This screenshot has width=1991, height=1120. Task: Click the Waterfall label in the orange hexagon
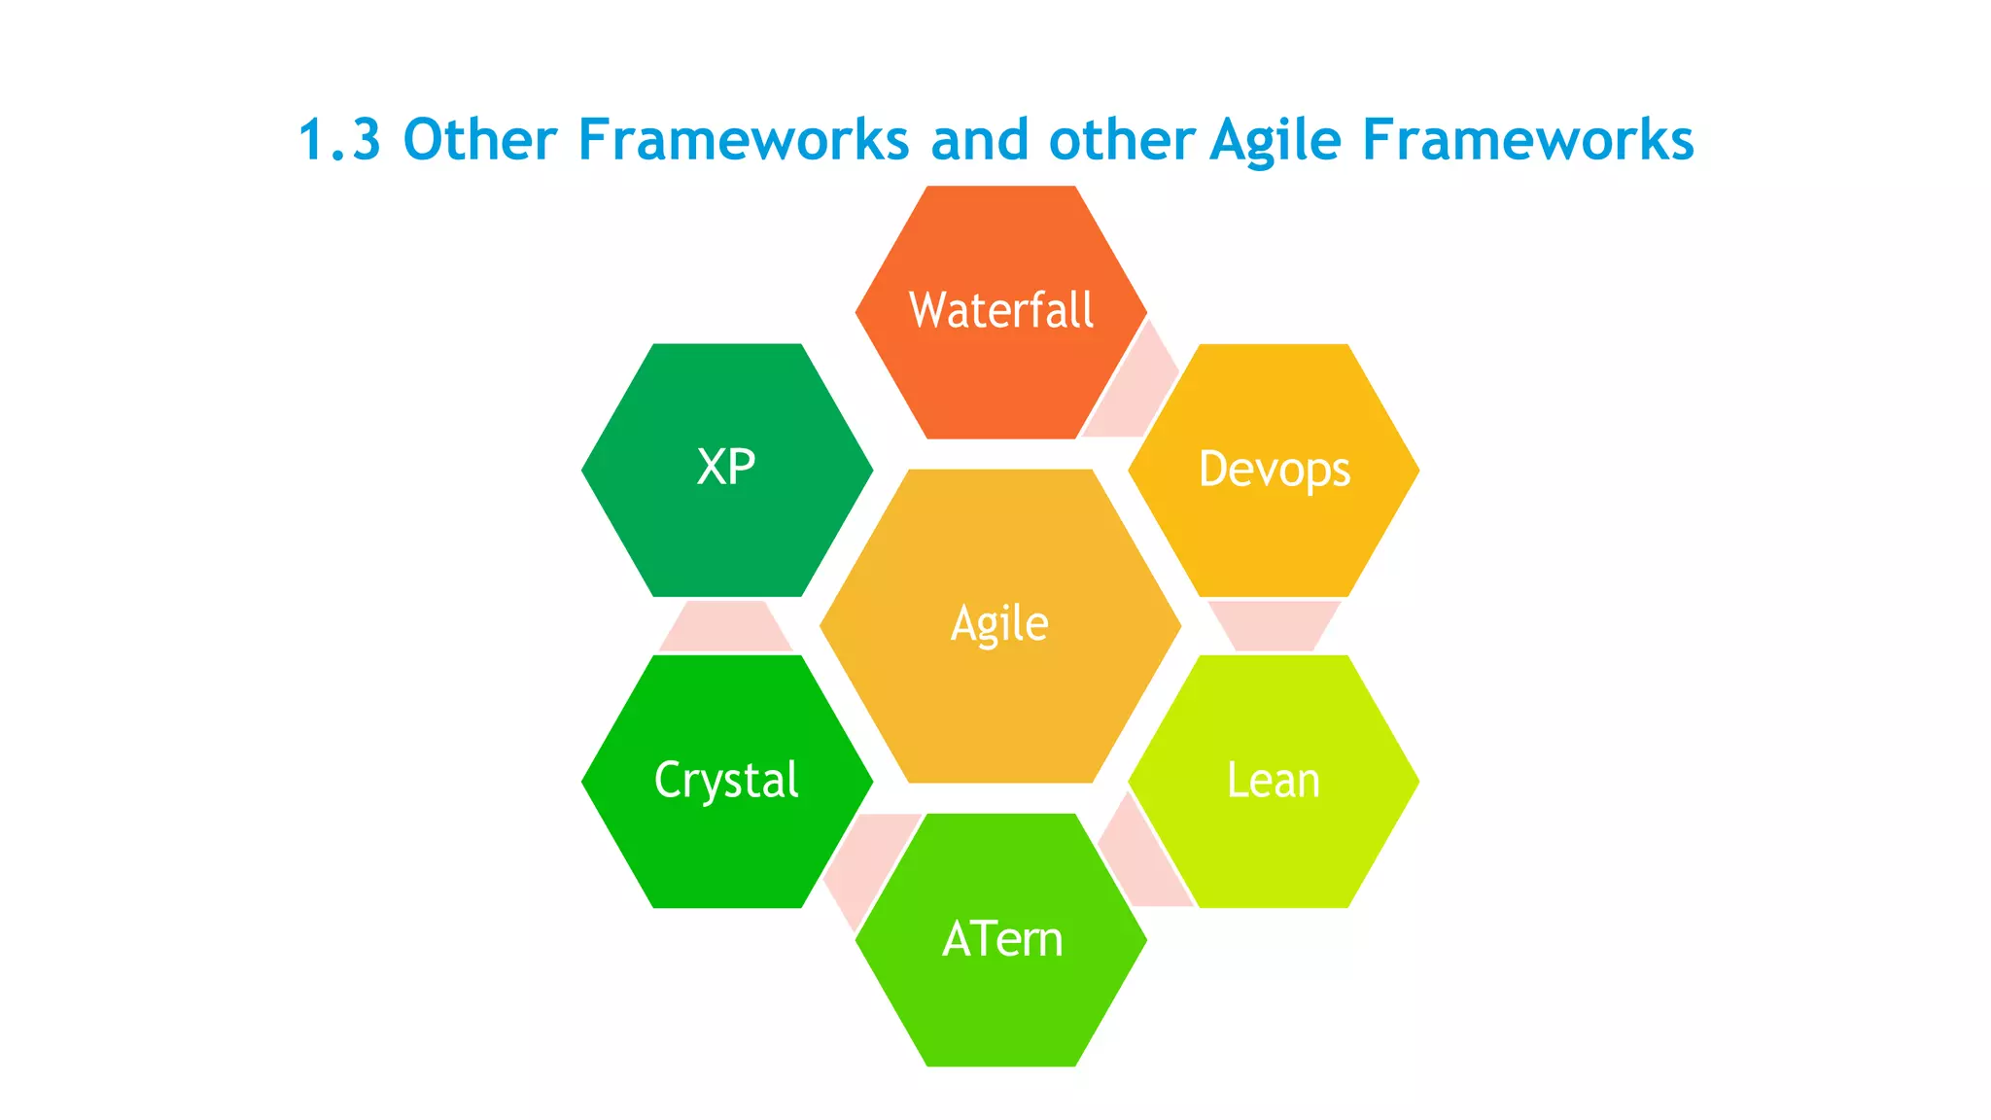(1000, 310)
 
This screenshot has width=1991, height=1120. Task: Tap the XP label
(726, 468)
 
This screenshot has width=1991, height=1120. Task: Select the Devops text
(1274, 470)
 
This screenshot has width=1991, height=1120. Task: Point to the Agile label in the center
(999, 624)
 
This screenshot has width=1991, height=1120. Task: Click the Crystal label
(726, 781)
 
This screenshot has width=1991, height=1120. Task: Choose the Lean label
(1273, 781)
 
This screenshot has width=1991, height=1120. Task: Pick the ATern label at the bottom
(1002, 939)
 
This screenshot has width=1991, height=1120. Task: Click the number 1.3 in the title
(339, 139)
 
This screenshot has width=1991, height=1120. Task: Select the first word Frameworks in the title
(743, 139)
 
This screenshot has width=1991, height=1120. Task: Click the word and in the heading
(979, 139)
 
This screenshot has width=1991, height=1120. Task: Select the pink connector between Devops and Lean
(1274, 625)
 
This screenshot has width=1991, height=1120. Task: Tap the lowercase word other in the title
(1121, 139)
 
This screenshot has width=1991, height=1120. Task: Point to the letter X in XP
(712, 468)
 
